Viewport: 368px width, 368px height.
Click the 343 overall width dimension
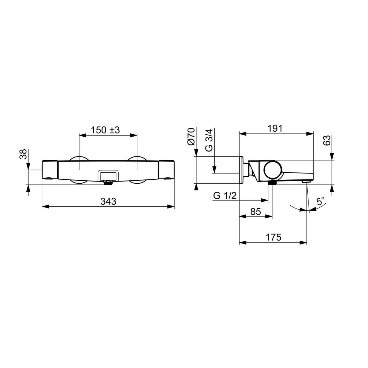[108, 201]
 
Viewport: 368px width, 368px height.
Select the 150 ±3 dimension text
[105, 130]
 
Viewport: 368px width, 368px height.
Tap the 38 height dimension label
[23, 154]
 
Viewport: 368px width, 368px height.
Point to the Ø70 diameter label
[191, 137]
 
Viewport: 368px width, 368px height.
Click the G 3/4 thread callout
[209, 140]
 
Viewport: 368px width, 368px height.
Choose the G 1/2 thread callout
[225, 196]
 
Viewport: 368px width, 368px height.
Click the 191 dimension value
[275, 128]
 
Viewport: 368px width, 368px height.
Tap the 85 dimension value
[255, 212]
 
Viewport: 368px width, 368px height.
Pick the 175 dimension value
[274, 237]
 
